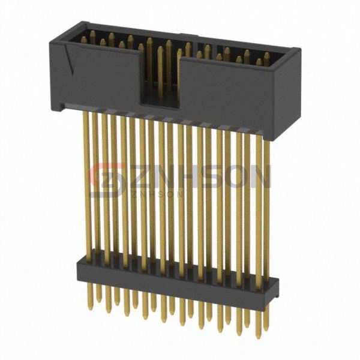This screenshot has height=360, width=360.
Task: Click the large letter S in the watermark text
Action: tap(214, 177)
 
